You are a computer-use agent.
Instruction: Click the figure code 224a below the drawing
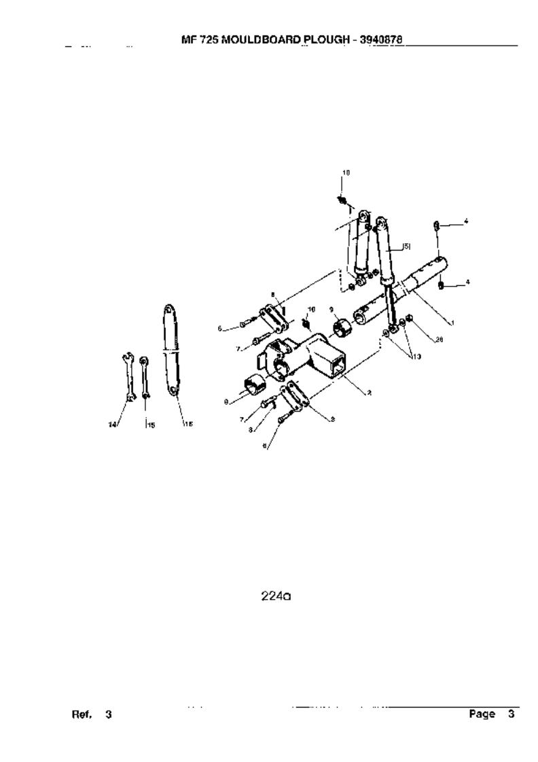276,597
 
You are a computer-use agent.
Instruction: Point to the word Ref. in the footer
82,715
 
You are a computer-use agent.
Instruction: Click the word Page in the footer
481,715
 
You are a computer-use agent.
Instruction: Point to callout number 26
439,340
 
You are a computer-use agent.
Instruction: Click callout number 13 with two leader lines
415,356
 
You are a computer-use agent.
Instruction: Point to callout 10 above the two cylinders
346,173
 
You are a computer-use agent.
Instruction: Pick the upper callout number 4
466,220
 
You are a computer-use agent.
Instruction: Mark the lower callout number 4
466,281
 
